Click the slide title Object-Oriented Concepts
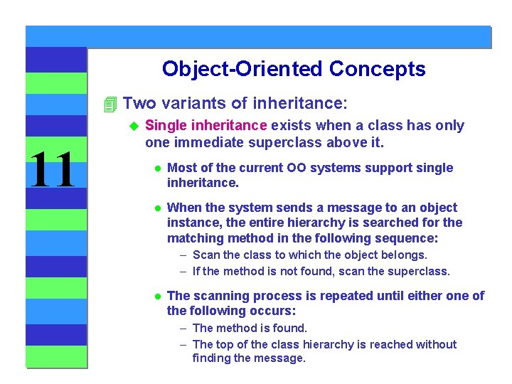pyautogui.click(x=294, y=69)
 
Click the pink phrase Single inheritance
pyautogui.click(x=206, y=126)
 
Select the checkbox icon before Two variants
pyautogui.click(x=109, y=105)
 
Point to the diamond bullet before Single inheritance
pyautogui.click(x=132, y=126)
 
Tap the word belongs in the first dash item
pyautogui.click(x=405, y=255)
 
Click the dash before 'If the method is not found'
pyautogui.click(x=183, y=271)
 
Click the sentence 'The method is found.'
pyautogui.click(x=250, y=328)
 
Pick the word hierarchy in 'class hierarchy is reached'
pyautogui.click(x=308, y=344)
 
